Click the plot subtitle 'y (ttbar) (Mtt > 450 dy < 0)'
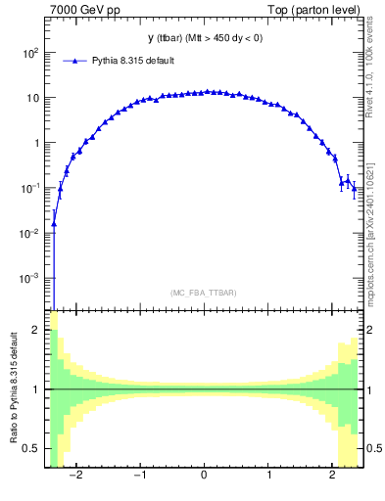click(203, 38)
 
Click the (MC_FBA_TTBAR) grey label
click(203, 293)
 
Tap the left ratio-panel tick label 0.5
click(32, 448)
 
